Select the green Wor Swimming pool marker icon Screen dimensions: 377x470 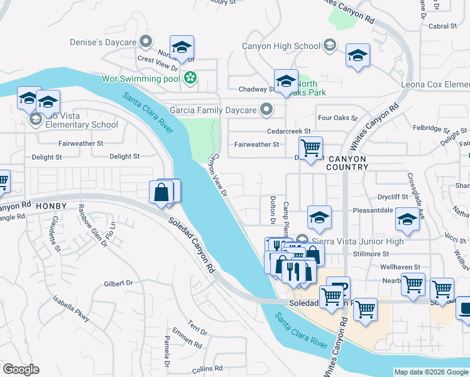[x=190, y=79]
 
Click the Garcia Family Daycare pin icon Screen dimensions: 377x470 [x=266, y=110]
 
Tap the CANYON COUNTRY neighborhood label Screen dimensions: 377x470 [x=347, y=163]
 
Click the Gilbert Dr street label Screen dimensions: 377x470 [x=119, y=283]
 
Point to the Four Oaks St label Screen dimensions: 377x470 [x=337, y=117]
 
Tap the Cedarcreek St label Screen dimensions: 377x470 [x=289, y=131]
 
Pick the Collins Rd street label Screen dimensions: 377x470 [x=208, y=369]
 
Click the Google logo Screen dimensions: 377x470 [x=21, y=369]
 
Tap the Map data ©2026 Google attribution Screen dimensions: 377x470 [x=430, y=372]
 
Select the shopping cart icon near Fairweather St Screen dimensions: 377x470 [x=310, y=148]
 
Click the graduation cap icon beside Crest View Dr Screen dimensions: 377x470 [x=182, y=48]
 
